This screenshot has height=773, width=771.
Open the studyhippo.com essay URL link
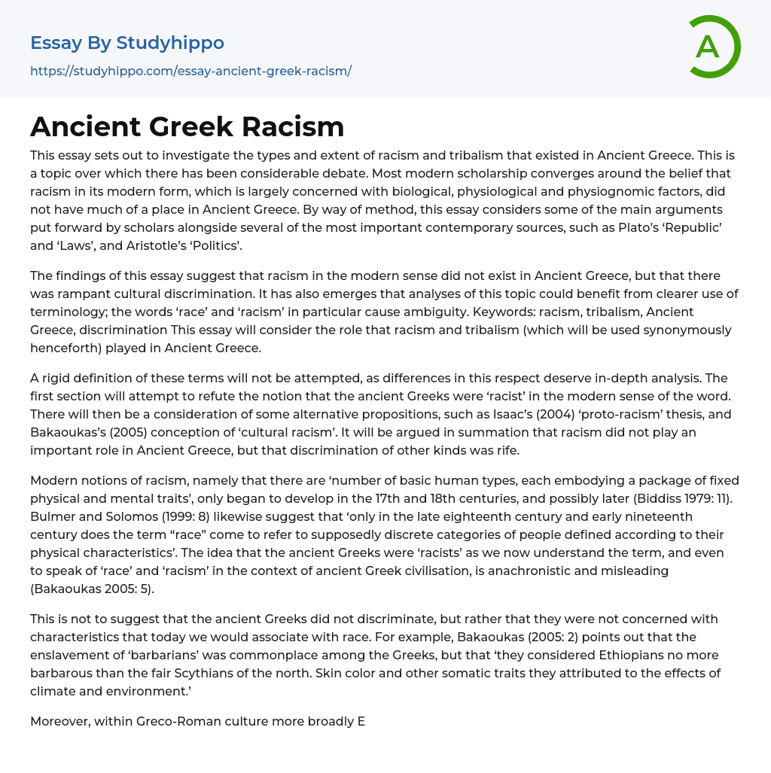(x=190, y=71)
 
